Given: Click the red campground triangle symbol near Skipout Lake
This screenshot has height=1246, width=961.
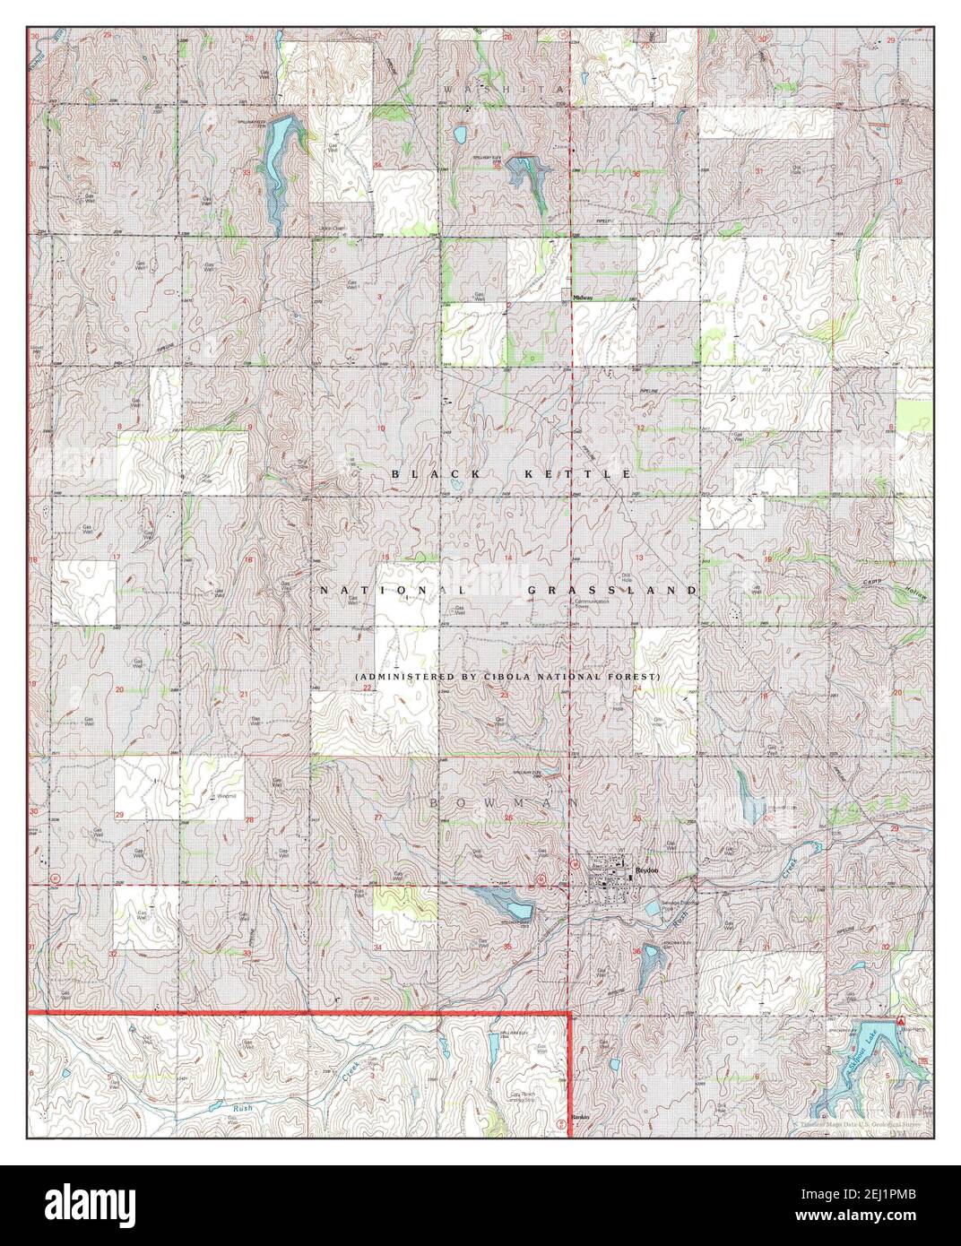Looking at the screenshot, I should point(899,1022).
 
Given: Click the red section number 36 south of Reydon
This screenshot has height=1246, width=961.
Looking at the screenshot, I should point(636,951).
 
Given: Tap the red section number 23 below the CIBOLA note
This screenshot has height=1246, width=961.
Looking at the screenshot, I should point(505,695).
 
